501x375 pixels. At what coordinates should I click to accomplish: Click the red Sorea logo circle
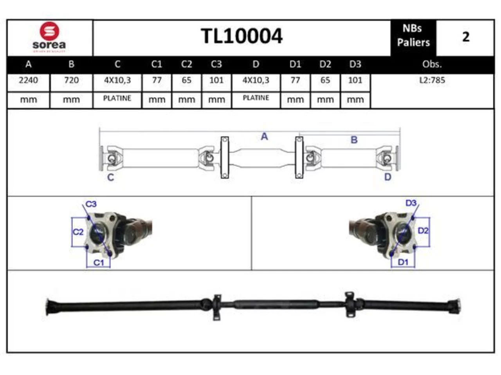click(49, 31)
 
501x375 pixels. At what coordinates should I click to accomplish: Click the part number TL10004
click(241, 36)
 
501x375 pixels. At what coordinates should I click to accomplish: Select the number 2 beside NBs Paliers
click(466, 37)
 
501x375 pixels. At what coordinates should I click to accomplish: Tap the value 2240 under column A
click(28, 80)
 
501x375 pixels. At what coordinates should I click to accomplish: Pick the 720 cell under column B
click(72, 80)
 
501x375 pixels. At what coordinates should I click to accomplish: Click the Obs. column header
click(432, 64)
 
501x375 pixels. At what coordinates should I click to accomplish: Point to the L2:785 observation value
click(432, 80)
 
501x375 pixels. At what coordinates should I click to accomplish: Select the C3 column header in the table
click(216, 64)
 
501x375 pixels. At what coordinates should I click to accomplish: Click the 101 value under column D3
click(355, 80)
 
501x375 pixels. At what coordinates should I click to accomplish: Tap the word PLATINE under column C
click(117, 98)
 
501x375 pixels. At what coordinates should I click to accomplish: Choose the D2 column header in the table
click(325, 64)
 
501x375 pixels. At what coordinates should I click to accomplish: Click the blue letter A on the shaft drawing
click(264, 137)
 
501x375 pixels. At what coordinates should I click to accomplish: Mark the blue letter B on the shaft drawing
click(354, 140)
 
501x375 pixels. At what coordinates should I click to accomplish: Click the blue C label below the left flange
click(111, 177)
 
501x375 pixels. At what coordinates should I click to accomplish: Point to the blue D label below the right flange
click(387, 177)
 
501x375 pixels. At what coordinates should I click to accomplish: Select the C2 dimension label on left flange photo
click(78, 232)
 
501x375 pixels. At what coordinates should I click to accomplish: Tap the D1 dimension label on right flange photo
click(403, 262)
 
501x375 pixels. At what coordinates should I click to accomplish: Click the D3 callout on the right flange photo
click(411, 203)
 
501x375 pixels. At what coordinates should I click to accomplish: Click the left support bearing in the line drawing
click(225, 157)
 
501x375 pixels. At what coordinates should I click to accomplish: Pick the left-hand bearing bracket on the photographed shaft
click(217, 307)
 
